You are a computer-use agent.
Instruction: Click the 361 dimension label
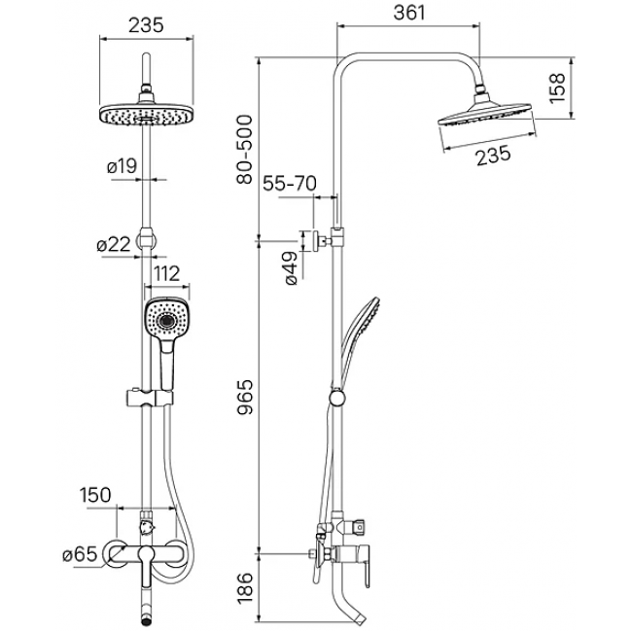pyautogui.click(x=409, y=13)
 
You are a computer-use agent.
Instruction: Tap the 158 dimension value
pyautogui.click(x=558, y=88)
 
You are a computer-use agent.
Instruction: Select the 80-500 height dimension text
pyautogui.click(x=244, y=150)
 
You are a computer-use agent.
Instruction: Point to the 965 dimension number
pyautogui.click(x=244, y=397)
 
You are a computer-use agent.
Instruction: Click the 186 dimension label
pyautogui.click(x=244, y=589)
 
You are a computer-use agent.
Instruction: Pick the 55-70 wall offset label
pyautogui.click(x=290, y=184)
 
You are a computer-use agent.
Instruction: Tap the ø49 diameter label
pyautogui.click(x=291, y=268)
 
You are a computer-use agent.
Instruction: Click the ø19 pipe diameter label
pyautogui.click(x=122, y=166)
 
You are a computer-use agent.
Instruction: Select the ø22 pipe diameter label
pyautogui.click(x=114, y=244)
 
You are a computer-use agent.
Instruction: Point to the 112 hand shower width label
pyautogui.click(x=167, y=274)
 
